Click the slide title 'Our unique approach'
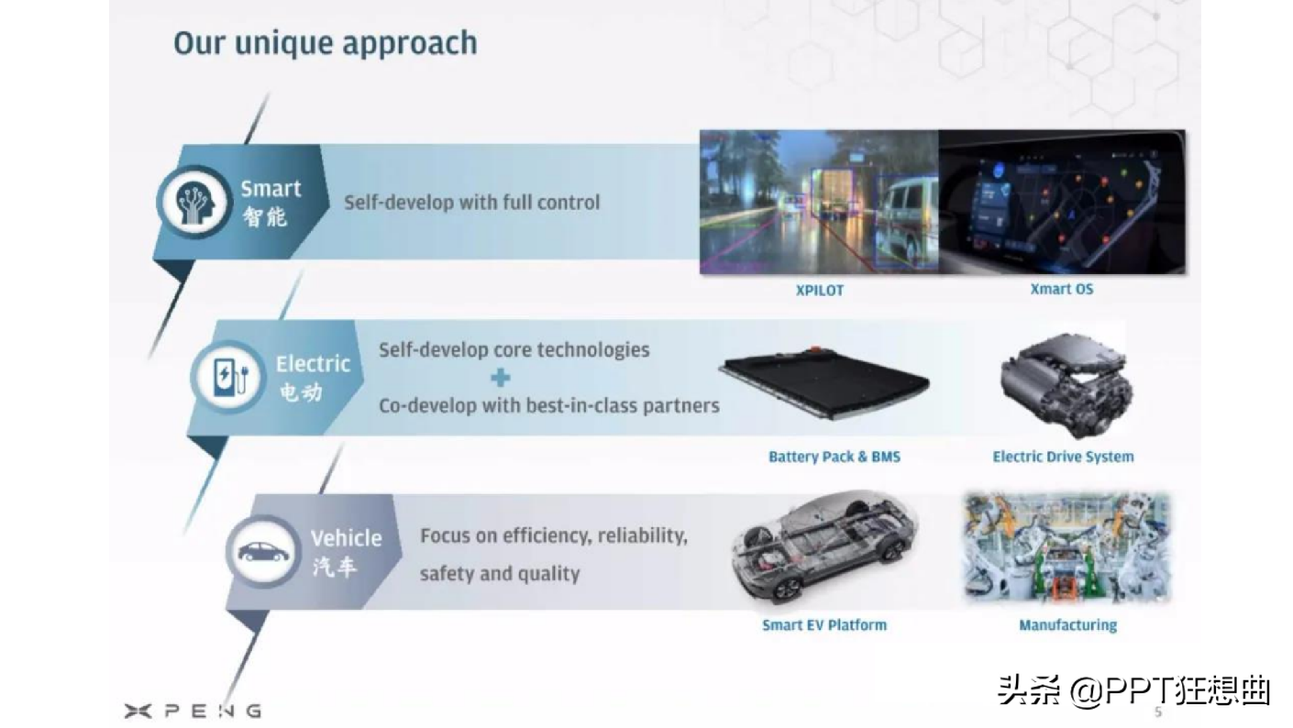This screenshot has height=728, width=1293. [x=326, y=44]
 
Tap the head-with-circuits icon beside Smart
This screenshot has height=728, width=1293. [x=194, y=202]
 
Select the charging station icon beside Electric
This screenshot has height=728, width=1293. [x=228, y=377]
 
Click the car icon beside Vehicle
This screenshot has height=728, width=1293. [x=264, y=552]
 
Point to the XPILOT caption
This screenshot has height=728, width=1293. [x=820, y=291]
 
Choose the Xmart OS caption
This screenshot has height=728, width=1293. [x=1062, y=289]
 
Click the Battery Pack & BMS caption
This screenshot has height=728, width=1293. [x=834, y=457]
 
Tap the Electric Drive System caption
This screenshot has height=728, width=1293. [x=1063, y=457]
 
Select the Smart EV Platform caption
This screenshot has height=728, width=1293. [x=824, y=625]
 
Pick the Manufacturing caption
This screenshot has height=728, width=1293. [x=1068, y=625]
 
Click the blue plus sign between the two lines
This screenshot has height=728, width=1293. [x=501, y=378]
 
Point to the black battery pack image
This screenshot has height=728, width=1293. [x=825, y=382]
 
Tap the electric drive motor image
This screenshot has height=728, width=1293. [x=1066, y=384]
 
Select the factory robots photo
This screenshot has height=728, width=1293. [x=1067, y=546]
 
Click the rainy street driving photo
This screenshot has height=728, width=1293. [x=819, y=202]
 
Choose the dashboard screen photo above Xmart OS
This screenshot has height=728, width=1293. [x=1062, y=202]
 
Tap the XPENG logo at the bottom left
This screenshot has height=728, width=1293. [x=193, y=711]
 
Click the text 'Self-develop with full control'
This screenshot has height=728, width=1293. [x=472, y=203]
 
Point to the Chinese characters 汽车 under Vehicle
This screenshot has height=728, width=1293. [x=334, y=567]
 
